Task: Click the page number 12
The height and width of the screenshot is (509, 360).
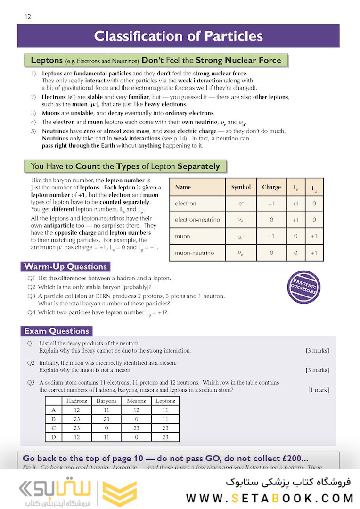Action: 28,17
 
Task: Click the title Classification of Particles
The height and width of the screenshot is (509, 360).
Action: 178,36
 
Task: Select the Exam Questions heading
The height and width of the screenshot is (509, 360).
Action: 57,331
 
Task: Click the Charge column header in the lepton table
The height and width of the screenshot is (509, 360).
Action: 271,187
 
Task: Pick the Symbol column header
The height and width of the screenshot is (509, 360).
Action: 241,187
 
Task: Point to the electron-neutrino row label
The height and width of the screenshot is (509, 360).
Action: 197,220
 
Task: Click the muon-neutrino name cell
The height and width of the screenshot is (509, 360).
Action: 194,253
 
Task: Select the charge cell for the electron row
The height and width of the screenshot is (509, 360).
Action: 271,204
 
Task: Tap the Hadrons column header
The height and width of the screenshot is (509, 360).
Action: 77,401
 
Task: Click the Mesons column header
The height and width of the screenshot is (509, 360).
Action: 137,401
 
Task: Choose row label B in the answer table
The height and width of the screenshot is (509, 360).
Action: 54,419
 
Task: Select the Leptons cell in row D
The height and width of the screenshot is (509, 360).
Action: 165,437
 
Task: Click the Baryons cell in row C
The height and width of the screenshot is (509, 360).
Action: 106,428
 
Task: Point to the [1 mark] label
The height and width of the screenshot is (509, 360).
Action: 319,390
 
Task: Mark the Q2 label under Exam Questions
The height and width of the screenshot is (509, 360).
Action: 31,363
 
